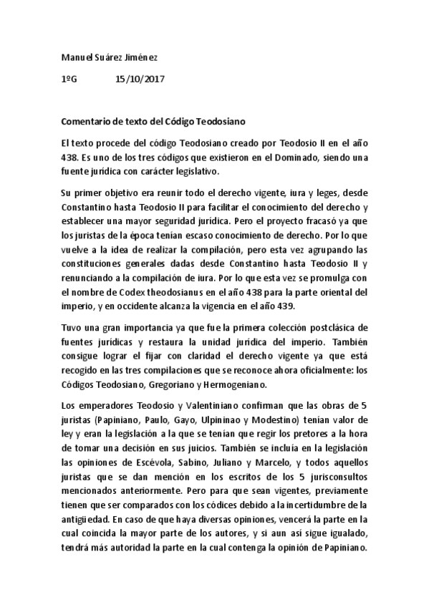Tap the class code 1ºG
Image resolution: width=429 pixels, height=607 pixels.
(x=70, y=79)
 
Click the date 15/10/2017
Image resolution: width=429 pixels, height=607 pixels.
(x=140, y=79)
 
